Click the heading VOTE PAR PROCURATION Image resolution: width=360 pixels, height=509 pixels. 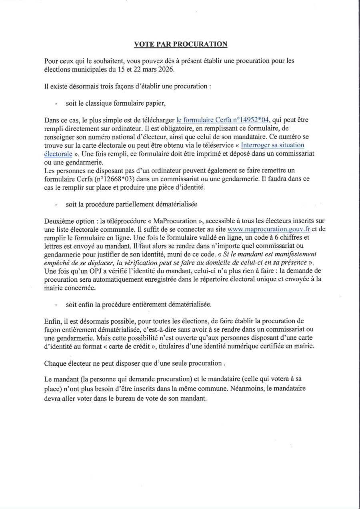tap(180, 44)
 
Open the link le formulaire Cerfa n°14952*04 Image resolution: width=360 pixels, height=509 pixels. tap(222, 120)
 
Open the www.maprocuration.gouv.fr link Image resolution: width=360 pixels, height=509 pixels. tap(268, 229)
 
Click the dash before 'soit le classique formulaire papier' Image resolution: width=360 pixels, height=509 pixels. tap(56, 104)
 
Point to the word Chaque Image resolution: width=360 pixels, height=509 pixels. tap(55, 363)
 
